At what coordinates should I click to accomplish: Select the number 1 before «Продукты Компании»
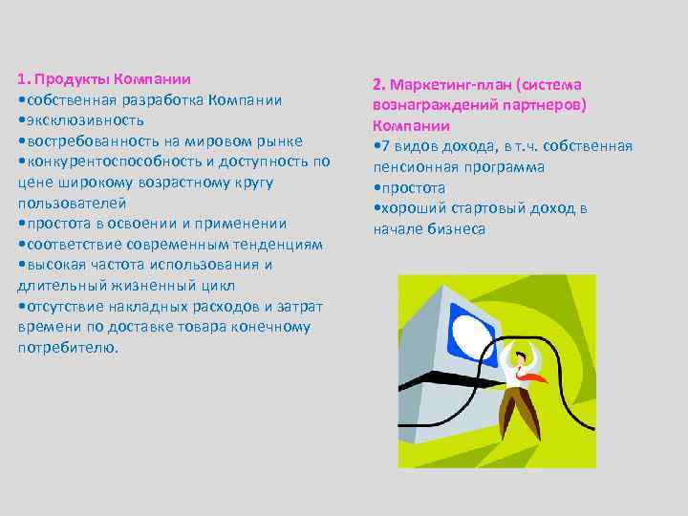[x=22, y=78]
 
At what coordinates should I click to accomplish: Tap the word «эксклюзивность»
[x=84, y=120]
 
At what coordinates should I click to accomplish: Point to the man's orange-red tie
[x=534, y=376]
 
